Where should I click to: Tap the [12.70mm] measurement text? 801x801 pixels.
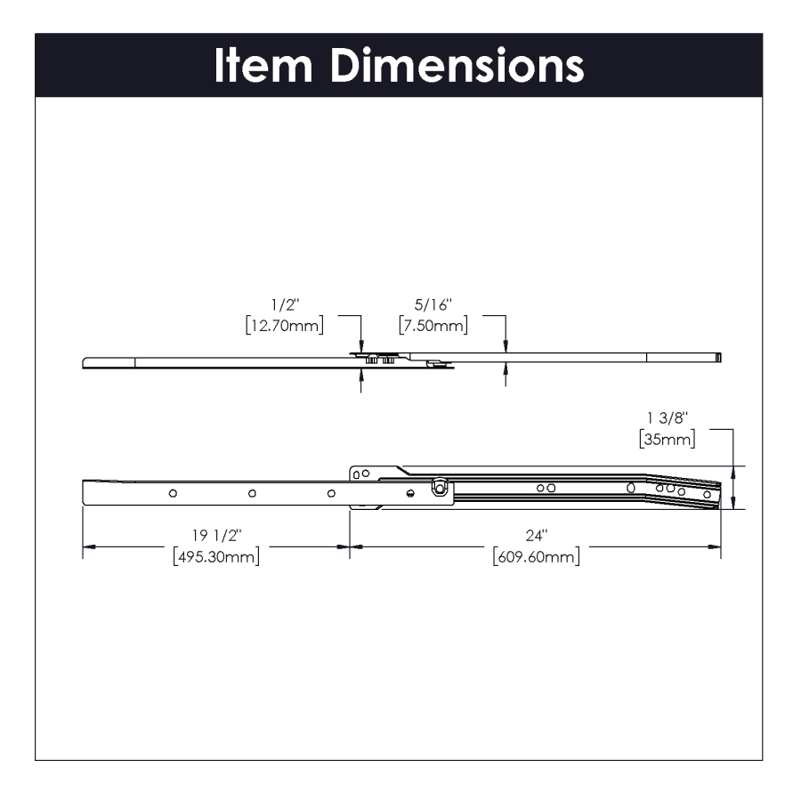tap(284, 326)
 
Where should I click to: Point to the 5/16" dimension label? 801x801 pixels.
tap(433, 305)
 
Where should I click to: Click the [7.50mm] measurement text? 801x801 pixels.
tap(433, 326)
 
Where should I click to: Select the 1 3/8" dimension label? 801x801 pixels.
tap(667, 418)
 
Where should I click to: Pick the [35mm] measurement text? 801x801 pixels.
tap(667, 439)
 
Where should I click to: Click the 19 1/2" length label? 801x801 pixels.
tap(216, 536)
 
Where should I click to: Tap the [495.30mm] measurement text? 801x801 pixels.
tap(216, 557)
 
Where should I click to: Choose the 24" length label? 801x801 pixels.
tap(534, 536)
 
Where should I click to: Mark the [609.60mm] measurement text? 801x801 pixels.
tap(535, 557)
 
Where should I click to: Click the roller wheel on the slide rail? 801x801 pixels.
tap(440, 488)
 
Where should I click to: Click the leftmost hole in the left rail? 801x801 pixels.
tap(173, 492)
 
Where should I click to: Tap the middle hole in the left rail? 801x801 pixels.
tap(252, 492)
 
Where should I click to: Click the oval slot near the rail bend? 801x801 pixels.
tap(630, 488)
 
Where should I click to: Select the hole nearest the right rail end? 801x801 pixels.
tap(707, 495)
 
